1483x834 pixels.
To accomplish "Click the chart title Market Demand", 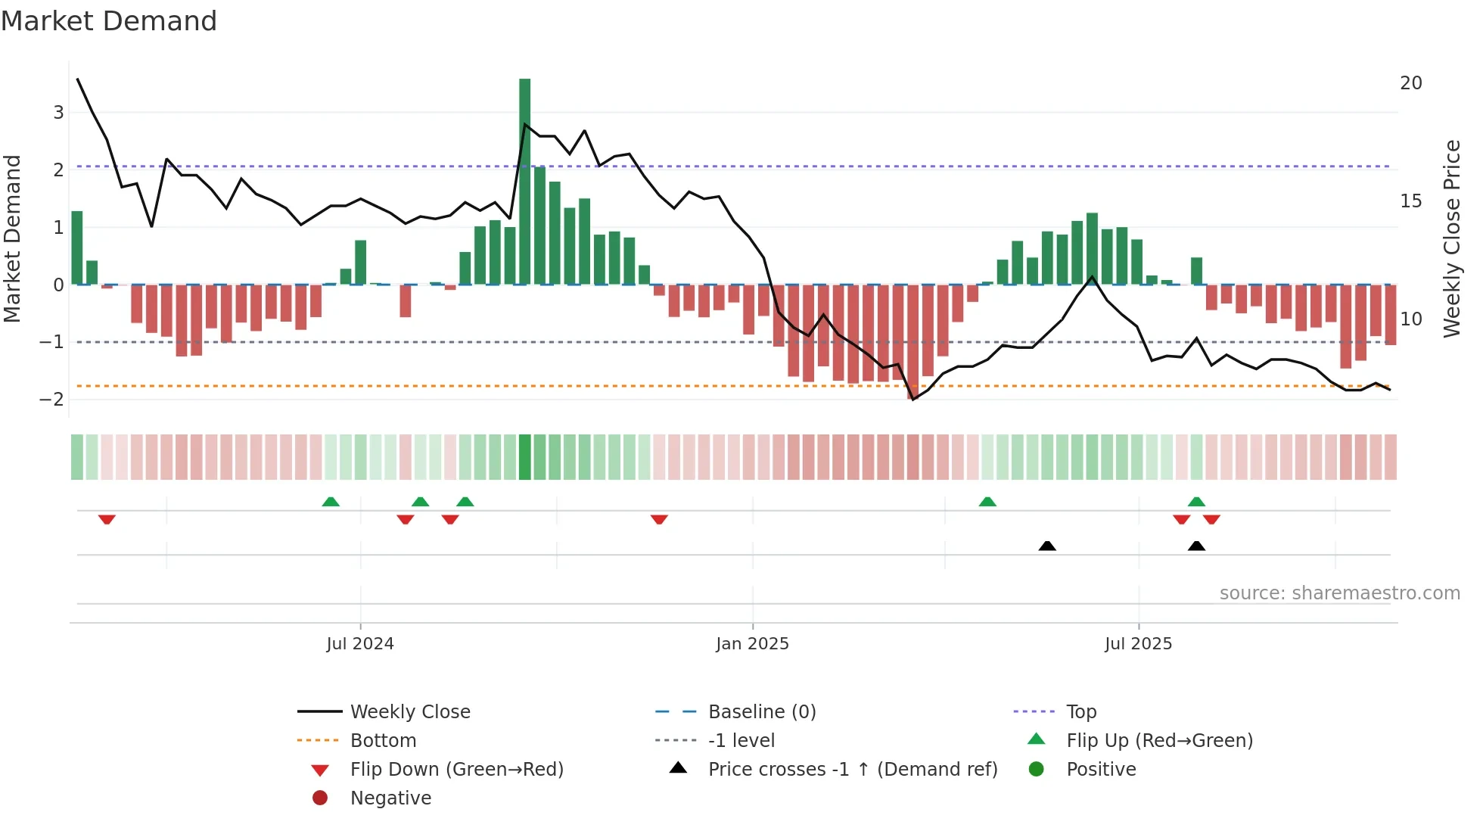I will coord(109,21).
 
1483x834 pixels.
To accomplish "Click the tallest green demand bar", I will coord(524,182).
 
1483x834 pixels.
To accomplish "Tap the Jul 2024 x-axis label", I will coord(360,644).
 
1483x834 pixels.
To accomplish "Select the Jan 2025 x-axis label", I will coord(752,644).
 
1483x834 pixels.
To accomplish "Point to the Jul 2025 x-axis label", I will coord(1138,644).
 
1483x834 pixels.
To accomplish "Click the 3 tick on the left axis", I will coord(58,113).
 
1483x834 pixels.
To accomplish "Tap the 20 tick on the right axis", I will coord(1410,83).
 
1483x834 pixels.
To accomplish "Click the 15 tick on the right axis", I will coord(1410,201).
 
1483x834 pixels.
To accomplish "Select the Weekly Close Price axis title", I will coord(1451,238).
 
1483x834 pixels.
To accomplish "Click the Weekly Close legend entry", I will coord(409,712).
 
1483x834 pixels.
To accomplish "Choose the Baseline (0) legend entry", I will coord(761,712).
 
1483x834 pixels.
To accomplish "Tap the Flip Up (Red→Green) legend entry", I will coord(1159,741).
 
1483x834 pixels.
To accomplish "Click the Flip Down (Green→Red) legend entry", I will coord(456,770).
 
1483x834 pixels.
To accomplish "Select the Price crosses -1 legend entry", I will coord(852,770).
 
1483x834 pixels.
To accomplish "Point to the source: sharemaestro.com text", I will coord(1339,593).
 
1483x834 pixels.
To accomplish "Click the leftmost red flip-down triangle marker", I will coord(107,519).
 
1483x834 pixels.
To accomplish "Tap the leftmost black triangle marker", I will coord(1047,546).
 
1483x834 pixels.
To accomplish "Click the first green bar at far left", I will coord(77,248).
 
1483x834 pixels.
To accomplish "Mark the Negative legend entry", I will coord(390,798).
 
